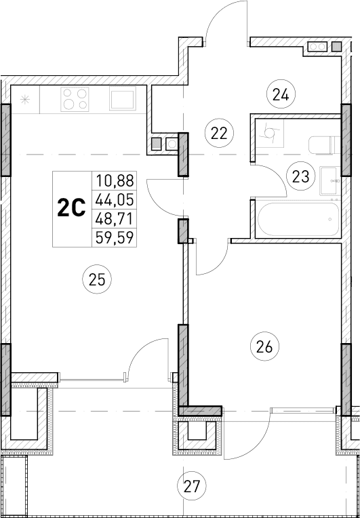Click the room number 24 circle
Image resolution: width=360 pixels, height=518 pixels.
pyautogui.click(x=280, y=94)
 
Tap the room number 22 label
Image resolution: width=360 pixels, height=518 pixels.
pyautogui.click(x=218, y=133)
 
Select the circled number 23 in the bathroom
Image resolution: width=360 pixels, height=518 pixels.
pyautogui.click(x=300, y=177)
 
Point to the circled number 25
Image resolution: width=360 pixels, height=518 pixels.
pyautogui.click(x=99, y=277)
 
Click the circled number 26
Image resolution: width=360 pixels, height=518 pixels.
pyautogui.click(x=264, y=347)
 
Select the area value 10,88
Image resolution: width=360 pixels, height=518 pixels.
pyautogui.click(x=115, y=181)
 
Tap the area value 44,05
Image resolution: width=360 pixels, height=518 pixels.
pyautogui.click(x=115, y=199)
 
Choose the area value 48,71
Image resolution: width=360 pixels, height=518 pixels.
pyautogui.click(x=115, y=218)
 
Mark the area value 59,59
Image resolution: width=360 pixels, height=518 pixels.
pyautogui.click(x=115, y=237)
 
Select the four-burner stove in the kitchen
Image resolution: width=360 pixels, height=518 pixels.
pyautogui.click(x=76, y=100)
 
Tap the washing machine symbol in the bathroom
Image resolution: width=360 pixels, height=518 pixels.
pyautogui.click(x=270, y=135)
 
